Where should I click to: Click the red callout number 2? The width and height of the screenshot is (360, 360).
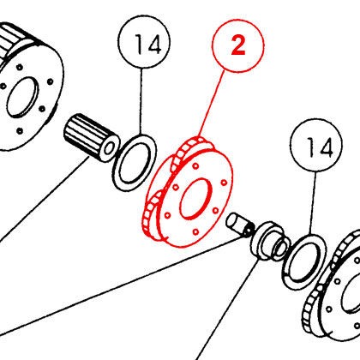[x=238, y=45]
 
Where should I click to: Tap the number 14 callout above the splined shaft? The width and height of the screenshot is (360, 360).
[x=144, y=42]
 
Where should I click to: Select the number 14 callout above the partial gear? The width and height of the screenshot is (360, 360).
[x=316, y=145]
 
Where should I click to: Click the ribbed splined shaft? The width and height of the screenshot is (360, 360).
[x=91, y=138]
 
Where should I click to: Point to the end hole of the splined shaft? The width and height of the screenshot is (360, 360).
[x=109, y=148]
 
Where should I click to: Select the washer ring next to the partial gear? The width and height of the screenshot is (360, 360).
[x=304, y=262]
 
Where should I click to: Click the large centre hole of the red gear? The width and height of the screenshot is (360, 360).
[x=195, y=199]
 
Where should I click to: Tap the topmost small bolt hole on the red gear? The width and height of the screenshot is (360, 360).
[x=195, y=166]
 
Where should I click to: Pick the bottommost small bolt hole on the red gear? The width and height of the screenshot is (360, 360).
[x=195, y=231]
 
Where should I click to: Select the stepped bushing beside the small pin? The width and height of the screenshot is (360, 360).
[x=270, y=242]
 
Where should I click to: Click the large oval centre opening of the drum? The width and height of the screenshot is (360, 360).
[x=22, y=98]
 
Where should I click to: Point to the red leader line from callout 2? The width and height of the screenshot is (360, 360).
[x=212, y=104]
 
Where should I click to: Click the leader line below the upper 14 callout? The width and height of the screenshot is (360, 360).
[x=141, y=101]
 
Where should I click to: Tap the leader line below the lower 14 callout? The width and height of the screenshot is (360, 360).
[x=313, y=203]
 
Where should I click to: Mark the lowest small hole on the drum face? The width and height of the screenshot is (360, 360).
[x=20, y=131]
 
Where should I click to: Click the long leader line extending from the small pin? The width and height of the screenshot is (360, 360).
[x=122, y=285]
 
